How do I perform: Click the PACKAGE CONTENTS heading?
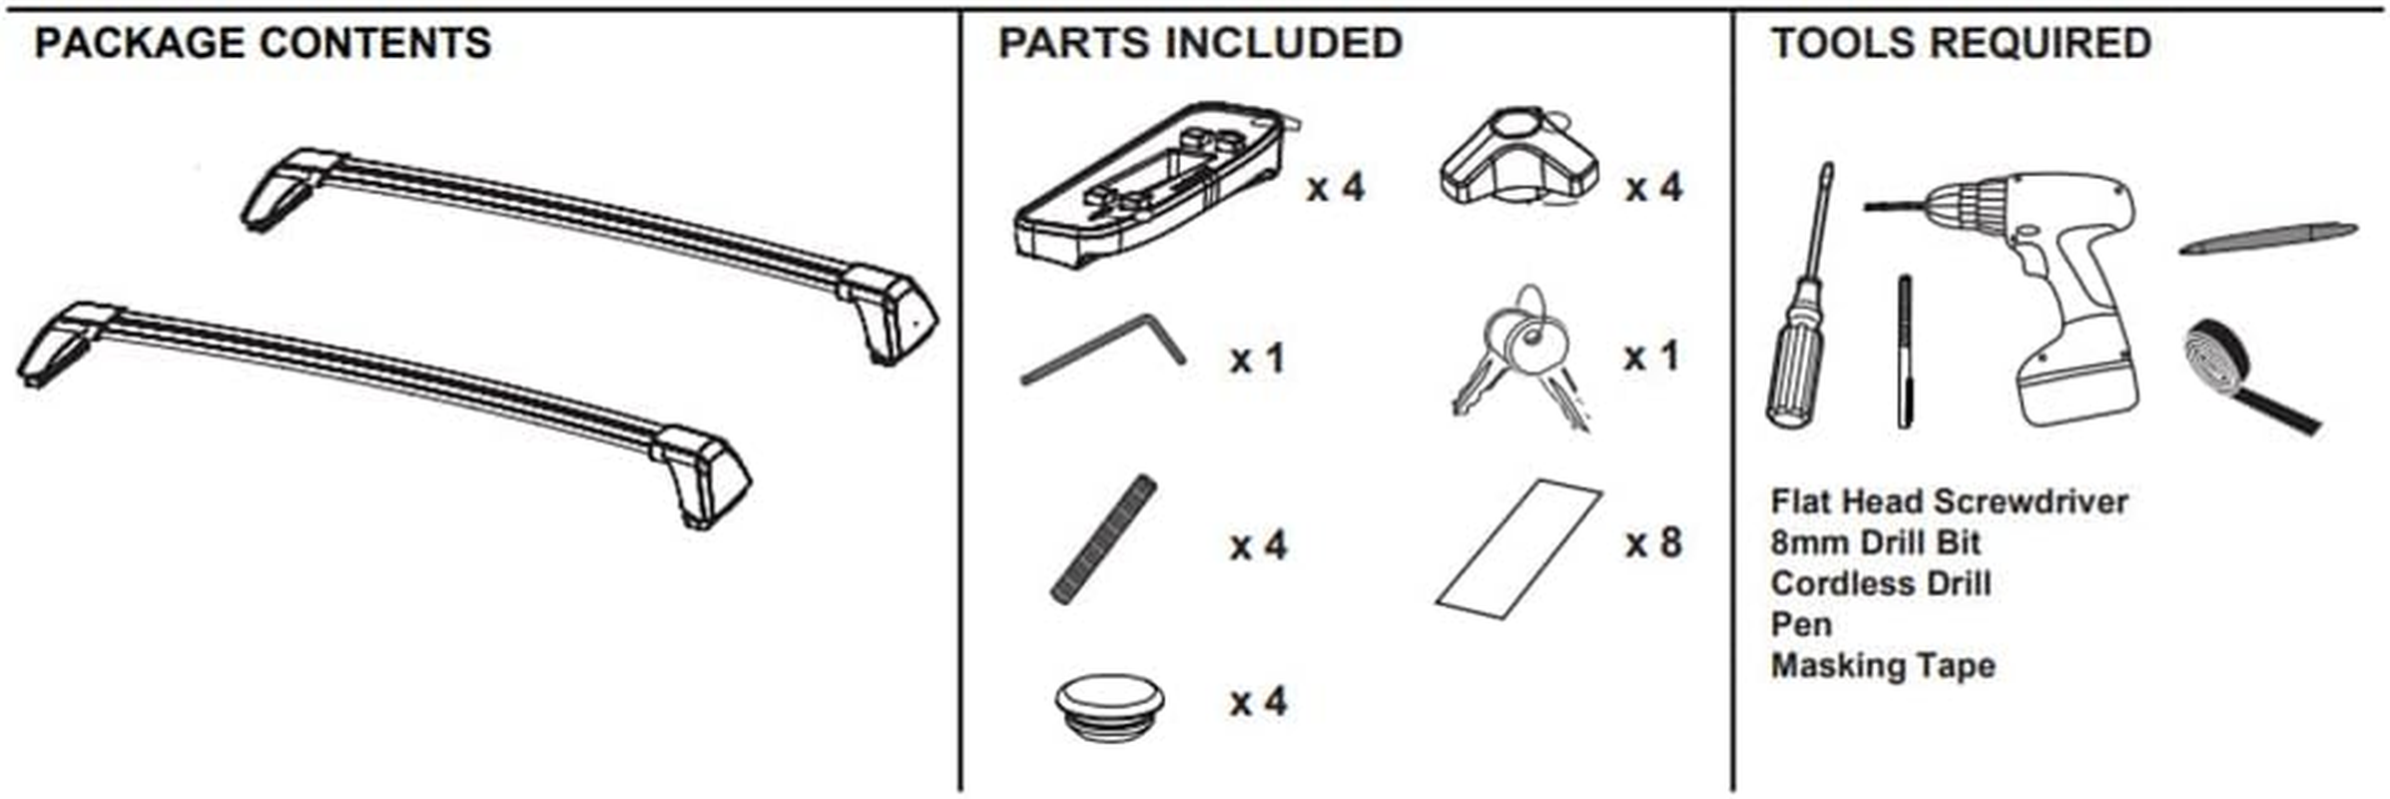263,44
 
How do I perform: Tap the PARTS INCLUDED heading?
1200,44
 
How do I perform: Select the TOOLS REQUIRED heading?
1961,44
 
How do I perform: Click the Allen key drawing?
1104,350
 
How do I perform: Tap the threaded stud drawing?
1103,539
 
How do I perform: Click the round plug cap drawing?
1109,705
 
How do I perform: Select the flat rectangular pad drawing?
1518,549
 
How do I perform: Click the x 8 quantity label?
1653,543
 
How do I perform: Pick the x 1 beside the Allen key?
1257,359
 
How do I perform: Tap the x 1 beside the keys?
1651,356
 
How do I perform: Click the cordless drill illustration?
2057,290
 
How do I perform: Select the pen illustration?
2267,238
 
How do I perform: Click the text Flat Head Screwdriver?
1949,501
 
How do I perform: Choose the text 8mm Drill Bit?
1875,542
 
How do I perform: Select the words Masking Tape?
1882,665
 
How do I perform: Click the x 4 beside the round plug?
1258,702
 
